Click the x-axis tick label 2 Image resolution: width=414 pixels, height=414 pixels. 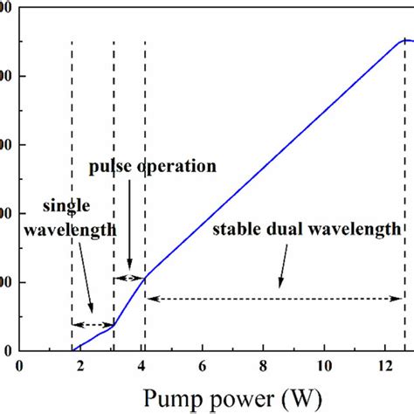pyautogui.click(x=80, y=367)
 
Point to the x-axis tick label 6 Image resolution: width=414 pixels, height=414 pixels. pyautogui.click(x=203, y=367)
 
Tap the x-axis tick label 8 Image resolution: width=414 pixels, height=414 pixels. pyautogui.click(x=264, y=367)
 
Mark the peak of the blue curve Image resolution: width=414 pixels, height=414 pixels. pyautogui.click(x=404, y=39)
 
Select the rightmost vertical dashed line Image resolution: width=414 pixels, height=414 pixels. pyautogui.click(x=404, y=192)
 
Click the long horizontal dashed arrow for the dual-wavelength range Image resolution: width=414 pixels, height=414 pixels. pyautogui.click(x=274, y=299)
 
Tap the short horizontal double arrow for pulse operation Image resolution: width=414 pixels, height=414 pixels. pyautogui.click(x=129, y=278)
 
